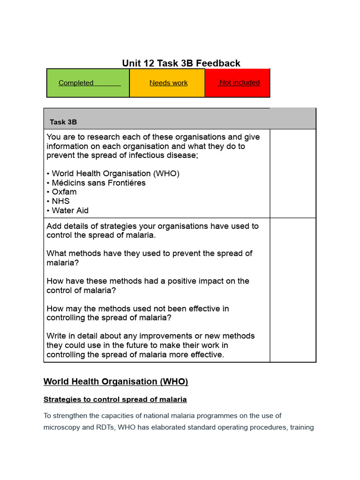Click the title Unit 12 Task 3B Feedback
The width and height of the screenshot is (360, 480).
click(x=181, y=63)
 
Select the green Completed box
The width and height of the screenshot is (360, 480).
click(x=88, y=83)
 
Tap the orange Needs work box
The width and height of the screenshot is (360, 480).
click(x=167, y=83)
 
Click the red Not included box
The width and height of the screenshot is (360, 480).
click(x=238, y=82)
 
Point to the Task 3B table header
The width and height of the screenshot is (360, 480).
click(x=63, y=122)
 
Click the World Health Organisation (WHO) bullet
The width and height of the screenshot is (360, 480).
click(x=113, y=173)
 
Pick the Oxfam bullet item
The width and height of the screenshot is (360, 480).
click(x=62, y=192)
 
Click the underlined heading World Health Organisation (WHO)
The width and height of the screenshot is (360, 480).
click(x=116, y=382)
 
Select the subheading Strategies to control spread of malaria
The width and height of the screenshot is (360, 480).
click(x=115, y=399)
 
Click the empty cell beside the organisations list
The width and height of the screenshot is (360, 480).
click(x=292, y=173)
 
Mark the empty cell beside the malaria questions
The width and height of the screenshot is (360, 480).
click(x=292, y=290)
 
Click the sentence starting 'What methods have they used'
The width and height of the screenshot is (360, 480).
click(x=149, y=258)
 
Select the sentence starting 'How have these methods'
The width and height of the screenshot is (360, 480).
click(x=148, y=285)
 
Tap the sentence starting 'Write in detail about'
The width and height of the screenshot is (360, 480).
click(x=150, y=345)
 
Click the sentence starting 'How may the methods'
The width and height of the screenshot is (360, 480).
click(x=138, y=313)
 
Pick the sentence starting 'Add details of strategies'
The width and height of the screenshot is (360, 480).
click(x=152, y=230)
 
